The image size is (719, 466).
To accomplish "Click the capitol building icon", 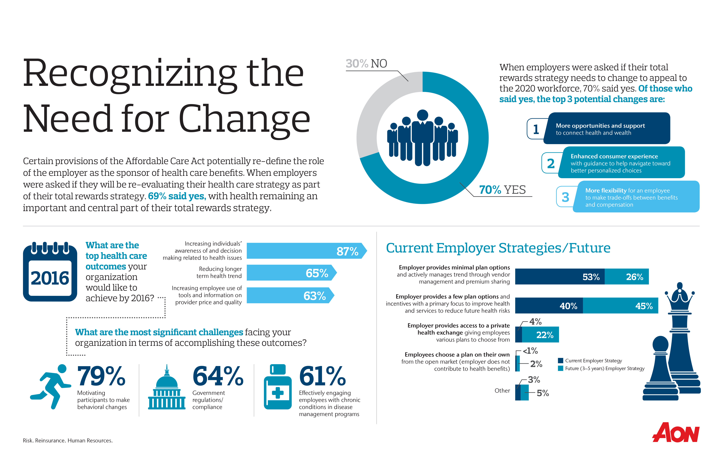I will click(166, 389).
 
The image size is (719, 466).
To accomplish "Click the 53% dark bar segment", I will click(560, 277).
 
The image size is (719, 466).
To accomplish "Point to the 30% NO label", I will click(366, 64).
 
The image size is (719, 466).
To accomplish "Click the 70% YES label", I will click(502, 190).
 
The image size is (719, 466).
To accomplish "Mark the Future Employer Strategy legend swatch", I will click(560, 368).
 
